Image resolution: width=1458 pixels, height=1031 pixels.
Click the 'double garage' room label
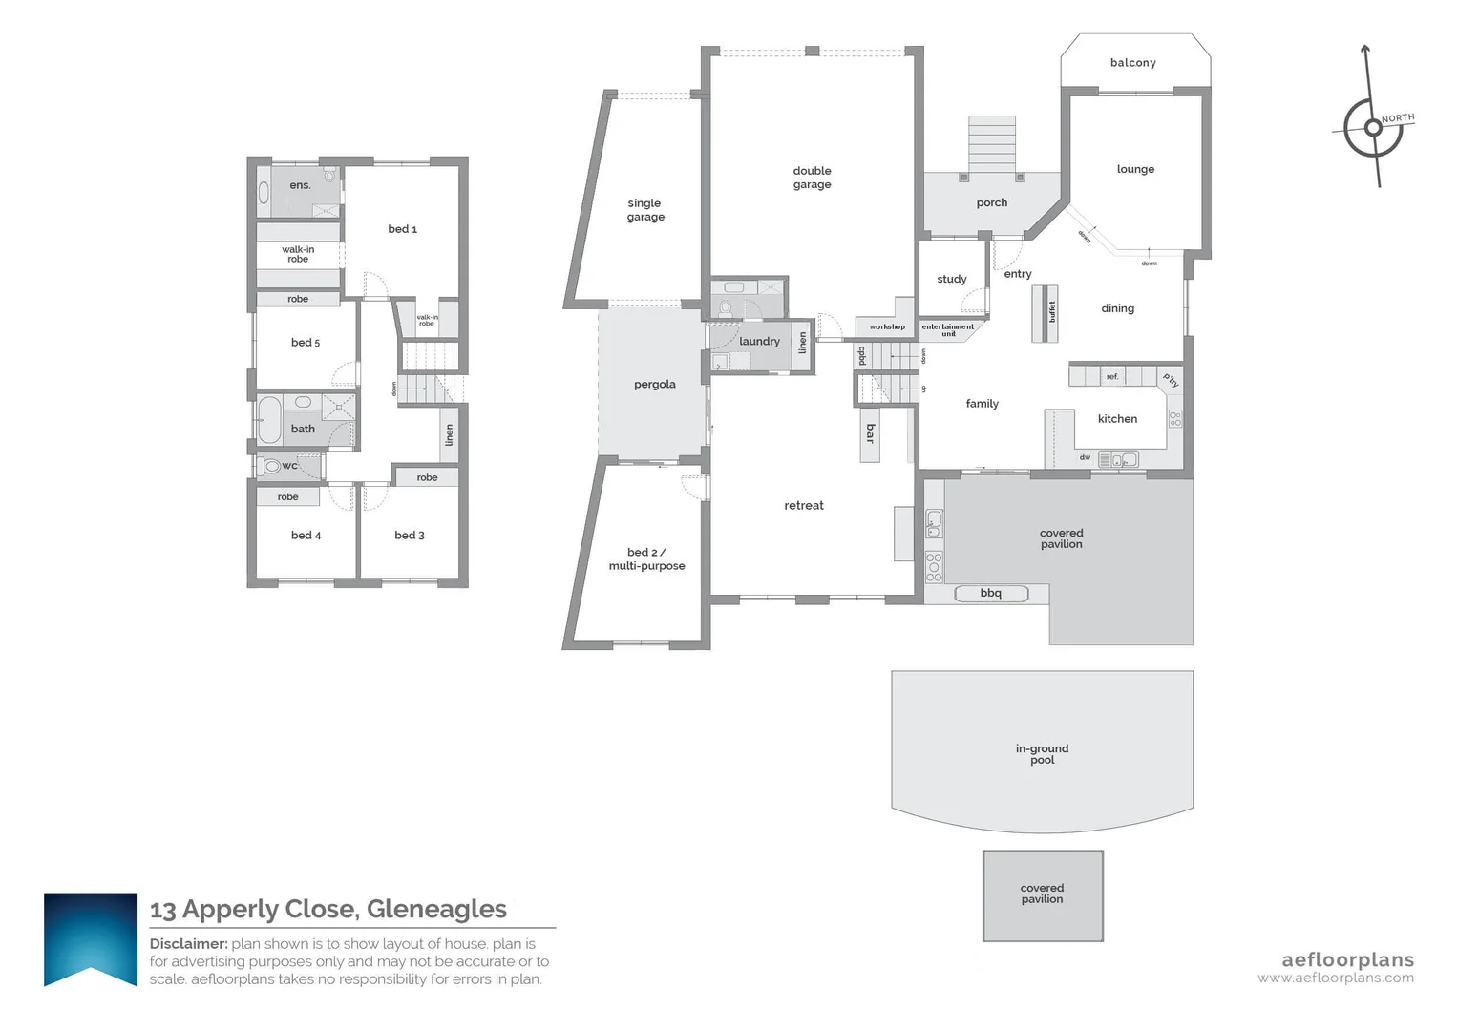point(812,178)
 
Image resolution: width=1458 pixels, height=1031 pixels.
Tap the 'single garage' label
point(645,210)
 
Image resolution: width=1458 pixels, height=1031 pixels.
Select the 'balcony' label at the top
point(1132,63)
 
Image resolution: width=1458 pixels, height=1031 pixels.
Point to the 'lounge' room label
point(1135,169)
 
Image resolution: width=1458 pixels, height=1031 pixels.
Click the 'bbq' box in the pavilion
point(991,594)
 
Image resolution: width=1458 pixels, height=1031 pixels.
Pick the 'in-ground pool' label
point(1042,754)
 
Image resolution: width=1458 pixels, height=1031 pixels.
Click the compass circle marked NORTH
point(1373,128)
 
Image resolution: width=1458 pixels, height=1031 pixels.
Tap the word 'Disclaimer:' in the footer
point(188,944)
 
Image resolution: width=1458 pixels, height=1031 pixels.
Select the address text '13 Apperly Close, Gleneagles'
point(328,909)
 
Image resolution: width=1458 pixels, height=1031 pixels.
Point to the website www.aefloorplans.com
point(1335,978)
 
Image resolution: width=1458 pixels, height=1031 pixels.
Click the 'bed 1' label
point(402,229)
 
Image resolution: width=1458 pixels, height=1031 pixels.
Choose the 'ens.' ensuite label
point(300,185)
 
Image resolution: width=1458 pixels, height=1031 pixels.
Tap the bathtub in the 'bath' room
point(269,419)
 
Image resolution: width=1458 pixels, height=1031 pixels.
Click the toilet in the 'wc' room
point(271,466)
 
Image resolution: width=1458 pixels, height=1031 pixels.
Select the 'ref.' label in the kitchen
point(1112,377)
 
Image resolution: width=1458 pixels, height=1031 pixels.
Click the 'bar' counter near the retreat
point(869,434)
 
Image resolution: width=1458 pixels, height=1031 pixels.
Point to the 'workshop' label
point(887,326)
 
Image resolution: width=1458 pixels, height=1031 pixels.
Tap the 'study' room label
point(951,279)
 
